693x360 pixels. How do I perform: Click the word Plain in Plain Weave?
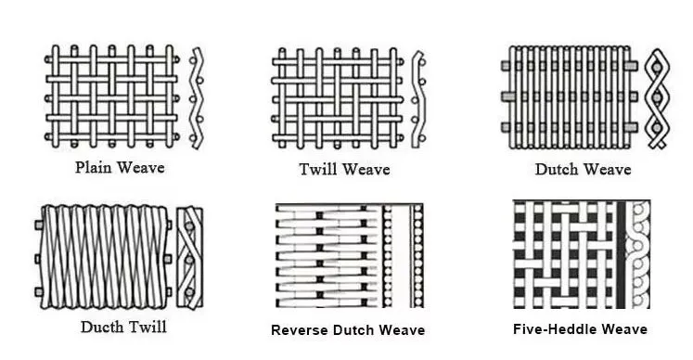tap(96, 168)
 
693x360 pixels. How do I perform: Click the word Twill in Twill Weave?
tap(318, 169)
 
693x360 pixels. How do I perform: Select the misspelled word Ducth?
tap(102, 327)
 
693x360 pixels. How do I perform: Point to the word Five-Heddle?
tap(553, 329)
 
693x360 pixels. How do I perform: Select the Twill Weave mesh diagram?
tap(337, 96)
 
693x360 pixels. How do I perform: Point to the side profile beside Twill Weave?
tap(417, 97)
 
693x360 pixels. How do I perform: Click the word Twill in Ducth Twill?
tap(147, 327)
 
